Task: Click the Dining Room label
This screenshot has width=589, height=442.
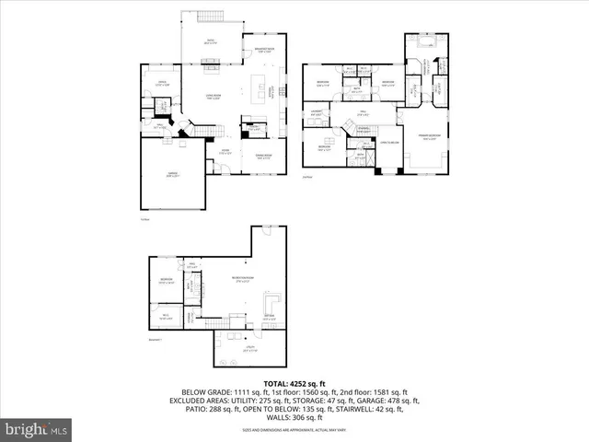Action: [262, 156]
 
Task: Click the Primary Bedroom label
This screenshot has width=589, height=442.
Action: [428, 139]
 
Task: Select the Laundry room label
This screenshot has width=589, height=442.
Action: [317, 114]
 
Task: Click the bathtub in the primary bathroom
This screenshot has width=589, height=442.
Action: [427, 41]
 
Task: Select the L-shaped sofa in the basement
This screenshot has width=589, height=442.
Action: [272, 303]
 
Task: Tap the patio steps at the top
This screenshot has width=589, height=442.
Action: [212, 16]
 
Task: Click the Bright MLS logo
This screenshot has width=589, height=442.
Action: [37, 429]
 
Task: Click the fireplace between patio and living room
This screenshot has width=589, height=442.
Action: [210, 64]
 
